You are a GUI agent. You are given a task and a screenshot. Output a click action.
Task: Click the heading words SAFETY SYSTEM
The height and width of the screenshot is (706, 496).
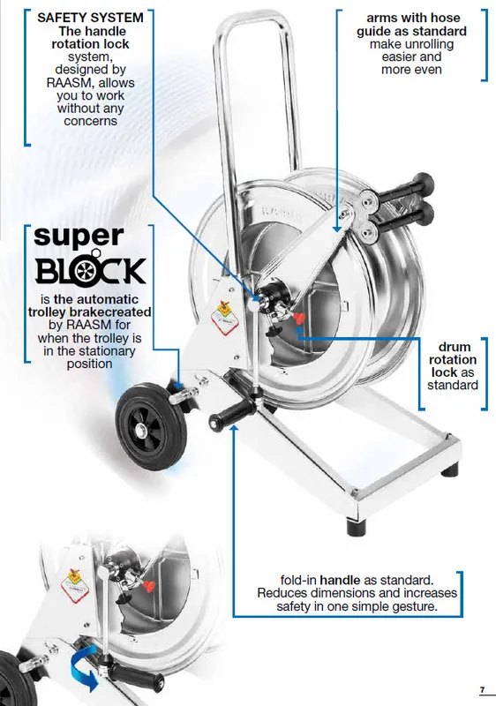click(x=90, y=18)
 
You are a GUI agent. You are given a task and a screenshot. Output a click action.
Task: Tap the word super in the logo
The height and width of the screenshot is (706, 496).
click(x=79, y=237)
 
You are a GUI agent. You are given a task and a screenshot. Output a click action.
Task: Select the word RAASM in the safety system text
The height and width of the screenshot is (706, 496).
click(x=68, y=83)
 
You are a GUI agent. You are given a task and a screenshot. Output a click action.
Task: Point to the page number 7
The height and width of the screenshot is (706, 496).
click(x=483, y=689)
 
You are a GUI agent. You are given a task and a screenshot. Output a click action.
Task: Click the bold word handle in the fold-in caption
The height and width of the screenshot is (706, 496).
click(x=340, y=580)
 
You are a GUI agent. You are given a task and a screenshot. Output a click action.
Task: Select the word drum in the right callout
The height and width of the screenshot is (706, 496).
click(x=455, y=347)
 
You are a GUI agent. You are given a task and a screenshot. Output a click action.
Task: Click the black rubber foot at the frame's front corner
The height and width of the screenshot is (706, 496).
click(x=357, y=525)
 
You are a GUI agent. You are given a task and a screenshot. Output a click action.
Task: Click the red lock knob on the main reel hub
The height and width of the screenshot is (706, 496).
click(x=298, y=319)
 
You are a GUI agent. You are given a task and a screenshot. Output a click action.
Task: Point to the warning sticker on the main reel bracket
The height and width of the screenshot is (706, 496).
click(x=224, y=318)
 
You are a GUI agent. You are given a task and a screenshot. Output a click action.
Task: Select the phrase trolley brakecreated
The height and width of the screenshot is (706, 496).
click(x=89, y=312)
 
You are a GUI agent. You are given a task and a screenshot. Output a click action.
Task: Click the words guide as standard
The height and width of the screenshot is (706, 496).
click(x=411, y=32)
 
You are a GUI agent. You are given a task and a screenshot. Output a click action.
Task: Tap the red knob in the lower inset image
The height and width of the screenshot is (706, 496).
click(x=148, y=587)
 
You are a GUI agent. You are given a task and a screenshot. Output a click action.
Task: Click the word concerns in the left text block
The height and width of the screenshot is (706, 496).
click(x=91, y=122)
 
